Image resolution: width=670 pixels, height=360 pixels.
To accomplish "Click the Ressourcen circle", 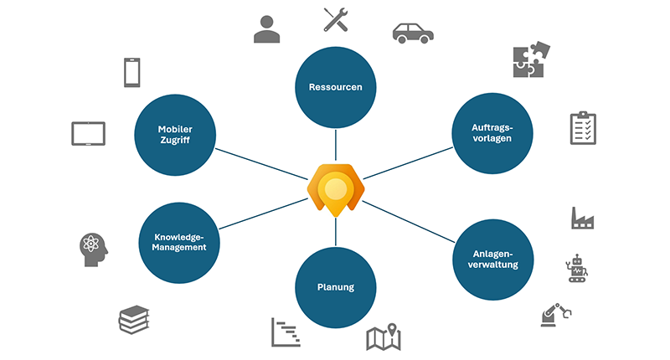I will point(335,87).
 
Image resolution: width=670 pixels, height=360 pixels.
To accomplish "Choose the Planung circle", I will point(335,287).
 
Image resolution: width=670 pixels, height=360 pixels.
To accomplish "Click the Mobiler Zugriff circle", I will point(175,134).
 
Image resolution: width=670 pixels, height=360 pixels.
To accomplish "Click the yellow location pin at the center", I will point(335,188).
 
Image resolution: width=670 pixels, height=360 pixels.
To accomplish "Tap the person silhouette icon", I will point(267,28).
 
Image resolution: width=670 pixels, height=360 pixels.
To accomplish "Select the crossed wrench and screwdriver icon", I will point(336,19).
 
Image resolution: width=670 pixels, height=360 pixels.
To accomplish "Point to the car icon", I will point(414,32).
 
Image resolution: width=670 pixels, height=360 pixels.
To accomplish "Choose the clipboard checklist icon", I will point(583,127).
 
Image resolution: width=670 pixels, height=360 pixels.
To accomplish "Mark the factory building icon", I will point(583,218).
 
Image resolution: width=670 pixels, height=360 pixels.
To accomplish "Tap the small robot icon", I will point(578,267).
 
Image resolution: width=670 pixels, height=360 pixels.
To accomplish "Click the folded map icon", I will point(384,337).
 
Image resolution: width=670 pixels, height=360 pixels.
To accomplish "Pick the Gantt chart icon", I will point(286,332).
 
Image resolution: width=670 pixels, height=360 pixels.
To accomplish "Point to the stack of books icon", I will point(134,318).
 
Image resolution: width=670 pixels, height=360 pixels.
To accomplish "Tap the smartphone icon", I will point(131,72).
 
